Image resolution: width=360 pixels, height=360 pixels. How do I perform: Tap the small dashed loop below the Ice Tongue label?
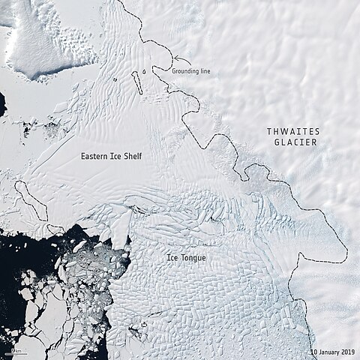pyautogui.click(x=142, y=325)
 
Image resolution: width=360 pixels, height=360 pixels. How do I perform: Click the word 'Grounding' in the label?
pyautogui.click(x=187, y=71)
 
